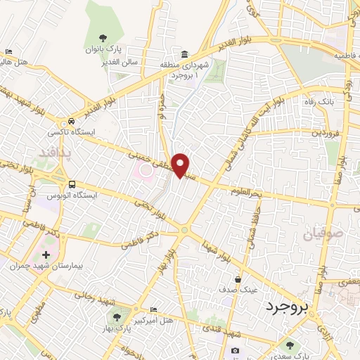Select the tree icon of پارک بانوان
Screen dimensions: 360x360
click(x=103, y=38)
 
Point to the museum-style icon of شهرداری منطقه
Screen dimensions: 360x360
click(x=184, y=55)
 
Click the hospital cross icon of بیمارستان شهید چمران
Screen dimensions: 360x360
click(x=46, y=255)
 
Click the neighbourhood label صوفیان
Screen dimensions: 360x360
click(x=324, y=234)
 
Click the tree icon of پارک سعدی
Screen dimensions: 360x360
click(x=288, y=344)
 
